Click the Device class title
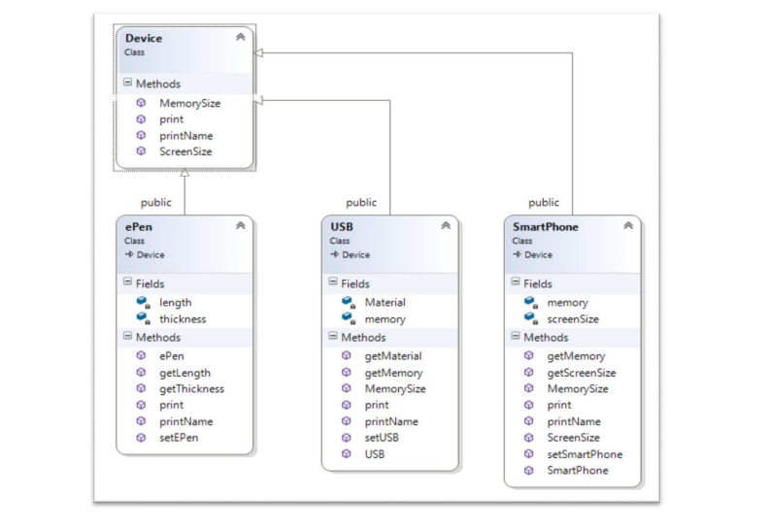[144, 39]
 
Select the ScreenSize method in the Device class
[185, 151]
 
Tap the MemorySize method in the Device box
[189, 102]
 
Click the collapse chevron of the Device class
[240, 38]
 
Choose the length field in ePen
[175, 303]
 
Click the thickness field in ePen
[183, 318]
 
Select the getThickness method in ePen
[191, 388]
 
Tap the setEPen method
[180, 438]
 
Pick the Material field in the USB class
[384, 303]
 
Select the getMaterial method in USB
[392, 355]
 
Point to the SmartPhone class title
[545, 226]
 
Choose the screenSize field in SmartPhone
[573, 318]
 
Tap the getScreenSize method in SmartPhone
[581, 373]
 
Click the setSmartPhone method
[585, 454]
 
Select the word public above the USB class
[361, 203]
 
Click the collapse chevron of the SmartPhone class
[627, 226]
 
